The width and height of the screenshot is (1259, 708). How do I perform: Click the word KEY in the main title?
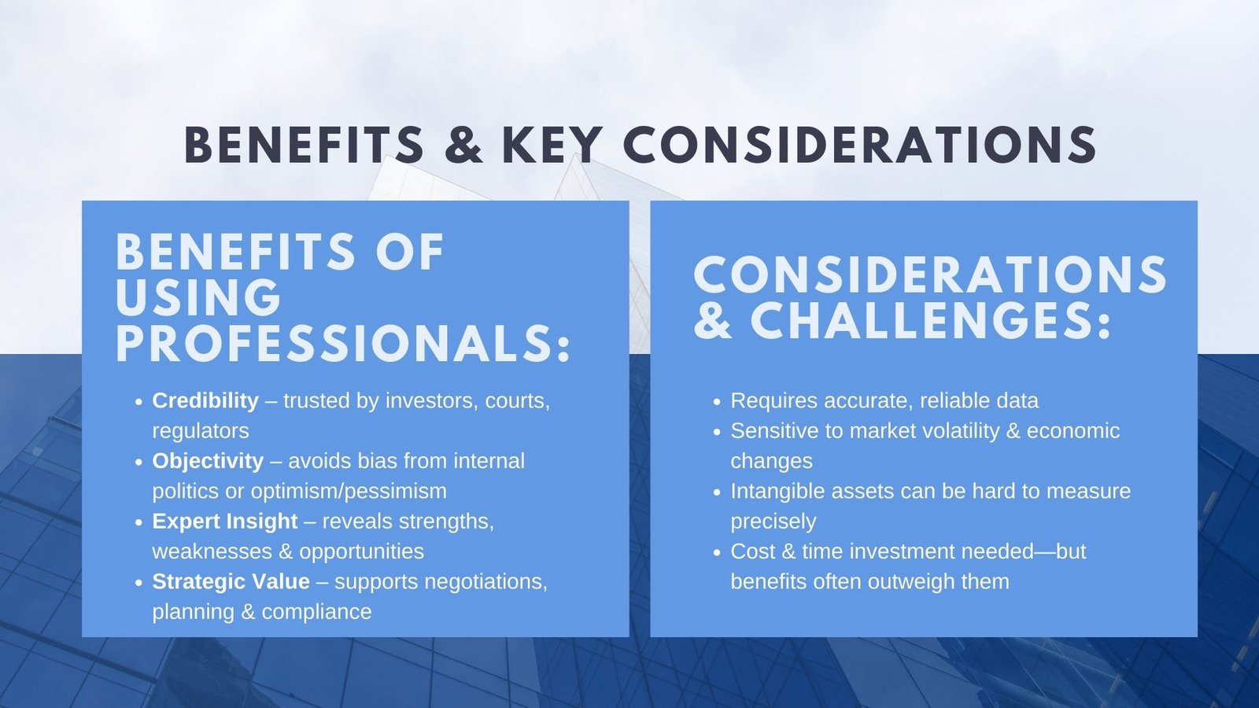552,145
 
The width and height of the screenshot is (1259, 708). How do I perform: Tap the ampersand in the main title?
463,145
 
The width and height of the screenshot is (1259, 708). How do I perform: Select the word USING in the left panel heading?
198,297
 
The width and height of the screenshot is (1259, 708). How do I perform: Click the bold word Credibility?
205,400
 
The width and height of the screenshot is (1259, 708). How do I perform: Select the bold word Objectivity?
208,461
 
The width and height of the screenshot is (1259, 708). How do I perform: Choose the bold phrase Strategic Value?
231,581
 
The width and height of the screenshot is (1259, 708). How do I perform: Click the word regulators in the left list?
200,432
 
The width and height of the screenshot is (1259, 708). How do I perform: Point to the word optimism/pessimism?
349,492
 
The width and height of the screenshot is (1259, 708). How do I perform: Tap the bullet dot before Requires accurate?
717,402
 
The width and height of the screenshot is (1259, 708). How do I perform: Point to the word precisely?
773,522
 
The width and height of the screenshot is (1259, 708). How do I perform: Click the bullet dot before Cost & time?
717,552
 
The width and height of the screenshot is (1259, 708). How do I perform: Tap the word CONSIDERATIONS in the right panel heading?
930,275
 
